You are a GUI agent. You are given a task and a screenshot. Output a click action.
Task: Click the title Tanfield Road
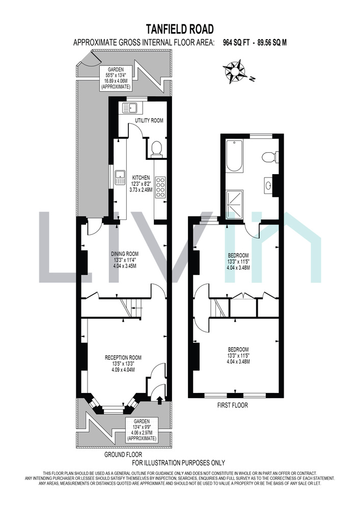(180, 29)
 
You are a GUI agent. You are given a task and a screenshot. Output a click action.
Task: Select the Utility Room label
(149, 121)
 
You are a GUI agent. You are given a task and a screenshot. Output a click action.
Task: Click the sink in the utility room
(130, 107)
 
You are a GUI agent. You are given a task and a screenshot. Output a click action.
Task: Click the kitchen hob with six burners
(160, 187)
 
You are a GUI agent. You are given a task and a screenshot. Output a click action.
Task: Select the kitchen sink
(120, 177)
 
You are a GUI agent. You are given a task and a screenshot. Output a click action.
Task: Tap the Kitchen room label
(141, 184)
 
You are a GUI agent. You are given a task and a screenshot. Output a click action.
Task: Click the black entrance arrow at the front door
(159, 400)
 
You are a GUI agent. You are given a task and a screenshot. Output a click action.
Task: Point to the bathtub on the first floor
(234, 156)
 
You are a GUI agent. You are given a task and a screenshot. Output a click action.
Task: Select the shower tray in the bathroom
(234, 205)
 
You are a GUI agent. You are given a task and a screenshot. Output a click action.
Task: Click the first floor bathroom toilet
(269, 157)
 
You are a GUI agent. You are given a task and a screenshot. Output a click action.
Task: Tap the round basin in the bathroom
(269, 185)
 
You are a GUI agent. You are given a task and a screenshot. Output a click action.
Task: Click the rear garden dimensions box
(116, 78)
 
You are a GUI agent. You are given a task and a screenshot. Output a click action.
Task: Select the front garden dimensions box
(142, 430)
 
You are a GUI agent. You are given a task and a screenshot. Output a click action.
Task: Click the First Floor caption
(232, 405)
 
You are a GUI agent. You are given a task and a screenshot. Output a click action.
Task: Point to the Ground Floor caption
(123, 455)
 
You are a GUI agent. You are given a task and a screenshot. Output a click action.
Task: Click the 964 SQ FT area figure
(236, 43)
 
